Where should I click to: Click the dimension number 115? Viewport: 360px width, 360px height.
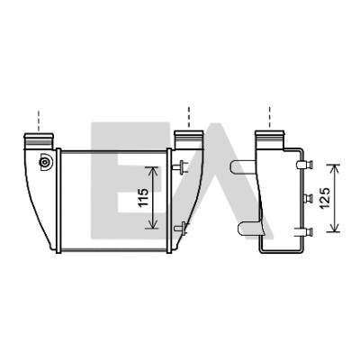pos(144,197)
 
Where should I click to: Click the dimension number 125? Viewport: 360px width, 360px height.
pos(325,198)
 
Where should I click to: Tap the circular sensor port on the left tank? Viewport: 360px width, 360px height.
pos(45,163)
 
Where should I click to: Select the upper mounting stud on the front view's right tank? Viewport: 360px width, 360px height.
pos(181,167)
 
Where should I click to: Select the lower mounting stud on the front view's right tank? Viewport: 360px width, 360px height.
pos(181,228)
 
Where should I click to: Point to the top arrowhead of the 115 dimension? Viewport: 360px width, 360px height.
pos(153,172)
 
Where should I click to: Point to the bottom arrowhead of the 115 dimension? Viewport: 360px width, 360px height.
pos(153,224)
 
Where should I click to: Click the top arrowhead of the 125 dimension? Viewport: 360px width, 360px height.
pos(333,169)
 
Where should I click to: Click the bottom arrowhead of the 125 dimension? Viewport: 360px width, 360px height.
pos(333,227)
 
